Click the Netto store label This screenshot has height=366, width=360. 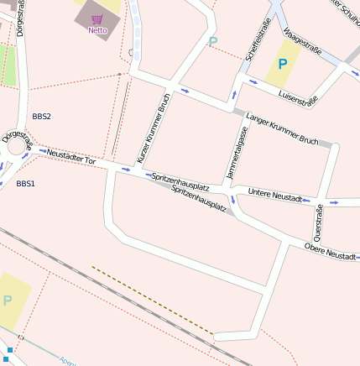click(97, 30)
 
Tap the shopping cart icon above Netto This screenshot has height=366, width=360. click(97, 18)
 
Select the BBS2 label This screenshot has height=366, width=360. click(41, 116)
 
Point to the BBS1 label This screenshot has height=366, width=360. click(25, 183)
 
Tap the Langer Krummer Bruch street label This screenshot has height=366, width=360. click(281, 128)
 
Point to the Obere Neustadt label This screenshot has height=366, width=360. click(331, 250)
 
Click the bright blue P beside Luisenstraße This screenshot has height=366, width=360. click(283, 64)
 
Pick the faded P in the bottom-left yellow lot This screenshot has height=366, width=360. click(8, 301)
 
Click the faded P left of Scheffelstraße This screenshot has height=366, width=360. click(212, 41)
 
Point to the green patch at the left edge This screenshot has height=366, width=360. click(7, 65)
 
